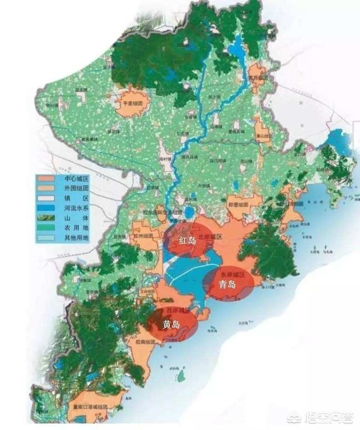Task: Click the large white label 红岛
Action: (188, 241)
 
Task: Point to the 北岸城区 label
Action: (211, 238)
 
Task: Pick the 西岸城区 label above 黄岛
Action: (178, 311)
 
